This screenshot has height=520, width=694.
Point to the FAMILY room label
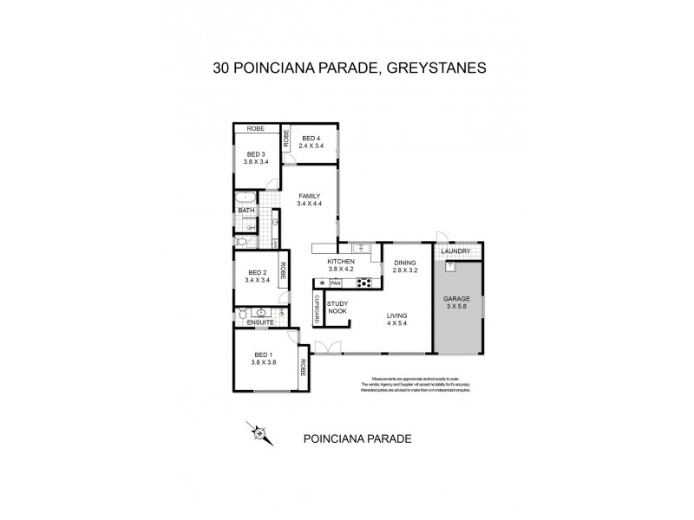310,200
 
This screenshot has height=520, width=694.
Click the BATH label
246,210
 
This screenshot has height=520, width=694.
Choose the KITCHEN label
341,265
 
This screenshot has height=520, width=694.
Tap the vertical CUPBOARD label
318,309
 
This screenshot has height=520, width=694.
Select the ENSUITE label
260,322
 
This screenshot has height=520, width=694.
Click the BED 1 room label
264,359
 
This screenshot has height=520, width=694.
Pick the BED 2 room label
257,276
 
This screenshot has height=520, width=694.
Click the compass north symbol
258,432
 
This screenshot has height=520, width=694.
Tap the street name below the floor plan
357,439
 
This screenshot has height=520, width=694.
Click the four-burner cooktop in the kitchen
365,283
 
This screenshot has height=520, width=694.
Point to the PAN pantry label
336,283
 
